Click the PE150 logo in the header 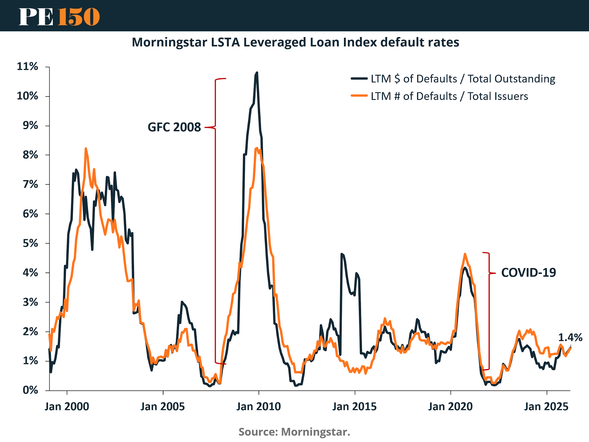[x=59, y=17]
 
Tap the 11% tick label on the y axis [x=27, y=66]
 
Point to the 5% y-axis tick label [x=30, y=243]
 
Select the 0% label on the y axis [x=30, y=390]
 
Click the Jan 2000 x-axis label [x=67, y=407]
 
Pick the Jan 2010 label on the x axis [x=259, y=407]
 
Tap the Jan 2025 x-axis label [x=546, y=407]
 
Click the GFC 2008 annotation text [x=174, y=127]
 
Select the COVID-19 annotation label [x=528, y=273]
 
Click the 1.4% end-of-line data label [x=570, y=337]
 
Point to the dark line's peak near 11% [x=257, y=73]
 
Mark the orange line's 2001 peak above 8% [x=86, y=149]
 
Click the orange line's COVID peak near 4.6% [x=465, y=254]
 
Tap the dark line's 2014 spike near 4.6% [x=342, y=254]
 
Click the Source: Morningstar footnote [x=294, y=432]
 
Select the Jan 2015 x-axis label [x=354, y=407]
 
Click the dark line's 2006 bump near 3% [x=182, y=302]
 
